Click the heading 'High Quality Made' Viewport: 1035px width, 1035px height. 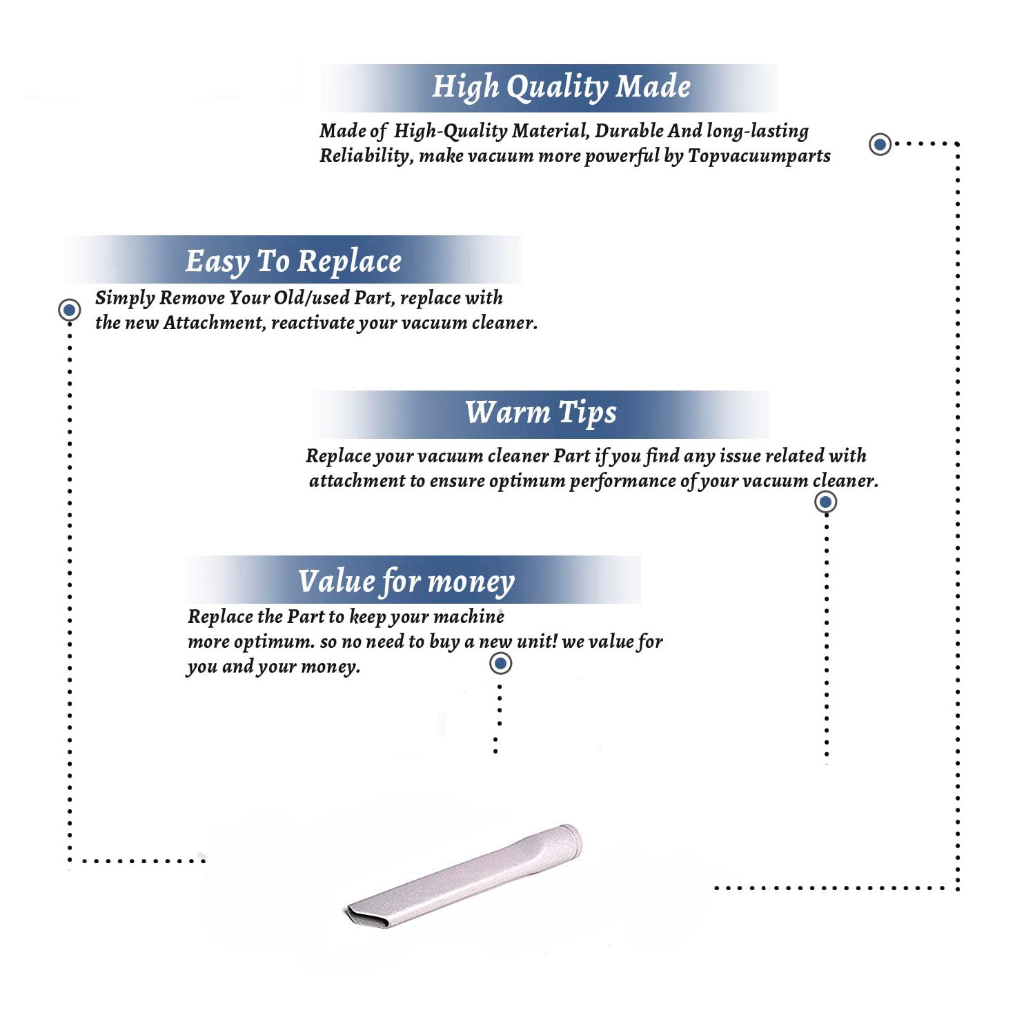point(561,87)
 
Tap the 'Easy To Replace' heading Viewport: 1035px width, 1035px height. point(293,261)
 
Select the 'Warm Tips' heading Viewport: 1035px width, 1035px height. point(540,413)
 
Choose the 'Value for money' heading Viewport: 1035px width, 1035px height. point(406,581)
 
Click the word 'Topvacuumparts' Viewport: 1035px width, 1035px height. point(759,156)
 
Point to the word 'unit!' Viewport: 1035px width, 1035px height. point(537,642)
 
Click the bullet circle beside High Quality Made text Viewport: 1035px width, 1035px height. point(880,144)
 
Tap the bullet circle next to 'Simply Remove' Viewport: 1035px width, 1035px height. point(69,310)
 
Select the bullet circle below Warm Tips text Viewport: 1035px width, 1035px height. point(825,502)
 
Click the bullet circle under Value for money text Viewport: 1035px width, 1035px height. point(500,664)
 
